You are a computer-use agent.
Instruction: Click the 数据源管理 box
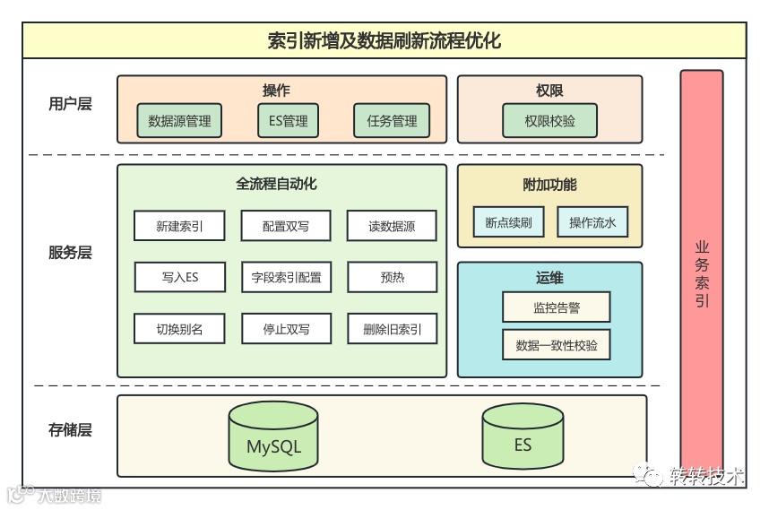(179, 121)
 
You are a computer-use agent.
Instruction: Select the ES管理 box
(288, 121)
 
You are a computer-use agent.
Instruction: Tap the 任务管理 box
(392, 121)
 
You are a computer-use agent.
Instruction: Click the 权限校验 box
(550, 121)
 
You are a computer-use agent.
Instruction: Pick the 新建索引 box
(178, 226)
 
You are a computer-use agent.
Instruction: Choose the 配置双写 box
(286, 226)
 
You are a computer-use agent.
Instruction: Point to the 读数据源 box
(392, 226)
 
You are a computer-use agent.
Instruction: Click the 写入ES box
(178, 277)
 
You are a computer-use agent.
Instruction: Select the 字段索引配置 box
(286, 277)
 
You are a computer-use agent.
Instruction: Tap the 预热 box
(392, 277)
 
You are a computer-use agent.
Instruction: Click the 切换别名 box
(178, 329)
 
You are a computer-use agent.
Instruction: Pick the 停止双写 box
(286, 329)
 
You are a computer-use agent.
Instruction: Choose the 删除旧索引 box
(392, 329)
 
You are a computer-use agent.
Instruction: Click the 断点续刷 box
(508, 222)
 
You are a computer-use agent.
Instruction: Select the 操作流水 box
(592, 222)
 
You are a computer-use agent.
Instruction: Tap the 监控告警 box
(556, 307)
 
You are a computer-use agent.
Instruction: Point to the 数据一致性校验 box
(556, 345)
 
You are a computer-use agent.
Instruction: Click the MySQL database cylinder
(273, 438)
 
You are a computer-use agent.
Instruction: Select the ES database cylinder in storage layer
(523, 438)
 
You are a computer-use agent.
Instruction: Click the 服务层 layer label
(70, 253)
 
